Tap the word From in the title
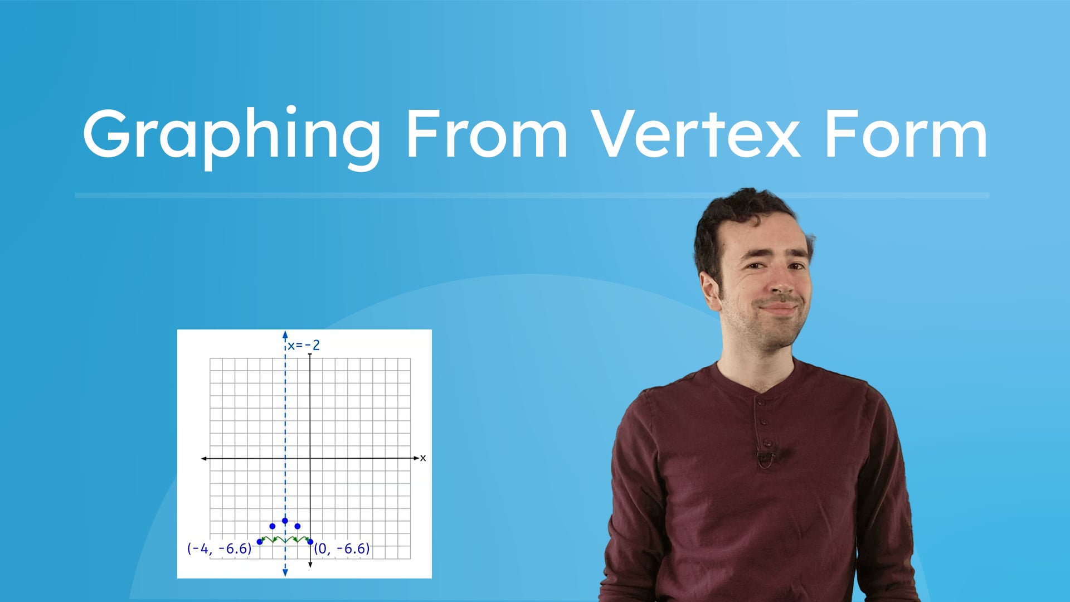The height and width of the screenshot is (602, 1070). tap(487, 134)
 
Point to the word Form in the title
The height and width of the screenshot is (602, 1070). tap(906, 134)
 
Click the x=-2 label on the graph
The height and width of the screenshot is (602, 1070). tap(304, 346)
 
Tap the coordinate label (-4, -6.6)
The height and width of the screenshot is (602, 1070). tap(220, 548)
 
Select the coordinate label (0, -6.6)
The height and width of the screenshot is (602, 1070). tap(342, 548)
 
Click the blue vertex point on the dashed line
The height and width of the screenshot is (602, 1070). tap(285, 521)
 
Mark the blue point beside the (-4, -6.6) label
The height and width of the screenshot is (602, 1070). tap(260, 542)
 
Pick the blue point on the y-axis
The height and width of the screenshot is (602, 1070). tap(310, 542)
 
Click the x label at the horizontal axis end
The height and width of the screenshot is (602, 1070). tap(423, 458)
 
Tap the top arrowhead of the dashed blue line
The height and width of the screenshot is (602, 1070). tap(285, 335)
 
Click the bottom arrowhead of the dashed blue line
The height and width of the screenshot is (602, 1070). tap(285, 572)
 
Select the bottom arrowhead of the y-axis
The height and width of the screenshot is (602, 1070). tap(310, 565)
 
